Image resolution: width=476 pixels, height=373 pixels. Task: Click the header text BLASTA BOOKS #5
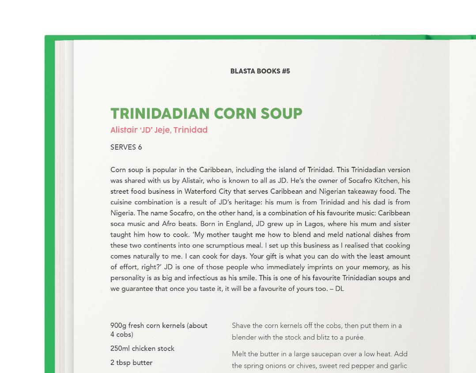click(260, 71)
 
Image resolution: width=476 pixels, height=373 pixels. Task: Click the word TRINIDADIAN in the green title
click(160, 113)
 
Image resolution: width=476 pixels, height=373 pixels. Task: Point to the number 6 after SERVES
click(140, 147)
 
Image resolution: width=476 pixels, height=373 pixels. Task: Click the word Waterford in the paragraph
click(201, 192)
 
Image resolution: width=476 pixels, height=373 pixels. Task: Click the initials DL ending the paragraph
click(339, 289)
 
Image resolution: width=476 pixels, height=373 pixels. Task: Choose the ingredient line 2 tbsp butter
click(131, 363)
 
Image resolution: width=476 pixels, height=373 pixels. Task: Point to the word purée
click(354, 338)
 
